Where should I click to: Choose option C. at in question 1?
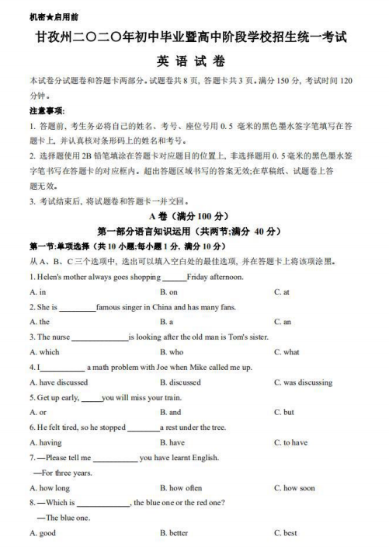[x=282, y=291]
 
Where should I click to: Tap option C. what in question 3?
[x=287, y=351]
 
